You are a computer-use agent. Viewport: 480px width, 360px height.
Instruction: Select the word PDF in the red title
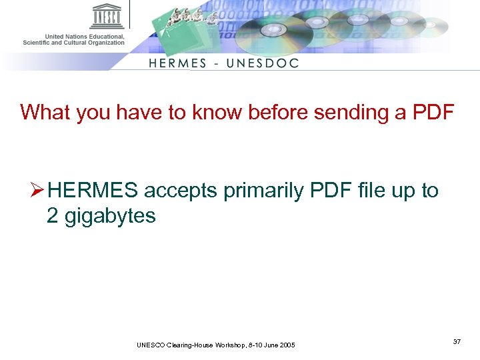pos(432,112)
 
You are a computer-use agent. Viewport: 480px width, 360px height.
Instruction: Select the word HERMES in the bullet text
pos(93,191)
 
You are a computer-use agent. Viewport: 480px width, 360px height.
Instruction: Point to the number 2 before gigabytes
pos(53,216)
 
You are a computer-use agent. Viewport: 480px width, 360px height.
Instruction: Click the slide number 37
pos(457,341)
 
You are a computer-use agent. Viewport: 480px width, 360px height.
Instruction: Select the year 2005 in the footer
pos(285,345)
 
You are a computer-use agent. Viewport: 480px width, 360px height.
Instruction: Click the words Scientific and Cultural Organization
pos(73,43)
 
